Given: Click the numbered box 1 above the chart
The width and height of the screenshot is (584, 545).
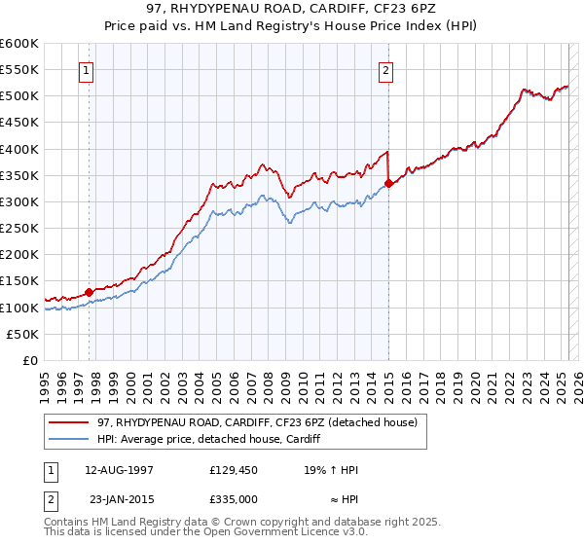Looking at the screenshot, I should [x=88, y=69].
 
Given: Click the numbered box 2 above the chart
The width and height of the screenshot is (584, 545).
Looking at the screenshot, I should [x=386, y=69].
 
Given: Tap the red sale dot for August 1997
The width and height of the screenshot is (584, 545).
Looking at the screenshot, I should [x=89, y=291].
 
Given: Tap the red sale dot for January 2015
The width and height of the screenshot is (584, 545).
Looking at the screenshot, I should [x=388, y=183].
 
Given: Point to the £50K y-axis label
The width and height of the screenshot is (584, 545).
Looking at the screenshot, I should [x=23, y=334].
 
